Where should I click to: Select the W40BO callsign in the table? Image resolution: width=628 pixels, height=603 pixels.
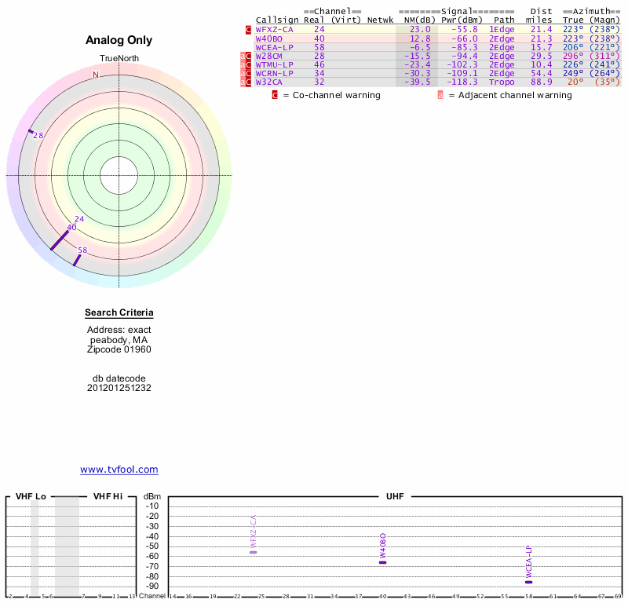pyautogui.click(x=269, y=38)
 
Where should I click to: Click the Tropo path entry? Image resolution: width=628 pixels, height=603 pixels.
pyautogui.click(x=502, y=82)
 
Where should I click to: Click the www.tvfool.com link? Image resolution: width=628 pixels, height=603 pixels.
pyautogui.click(x=119, y=470)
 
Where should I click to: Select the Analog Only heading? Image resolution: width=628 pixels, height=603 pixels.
pyautogui.click(x=119, y=41)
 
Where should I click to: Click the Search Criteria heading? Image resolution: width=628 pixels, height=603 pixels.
pyautogui.click(x=119, y=313)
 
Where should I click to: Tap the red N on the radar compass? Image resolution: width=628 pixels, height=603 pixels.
pyautogui.click(x=96, y=75)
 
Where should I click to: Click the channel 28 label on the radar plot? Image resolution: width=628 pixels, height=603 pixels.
pyautogui.click(x=38, y=136)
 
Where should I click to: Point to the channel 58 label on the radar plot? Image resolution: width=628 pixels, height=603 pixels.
pyautogui.click(x=82, y=250)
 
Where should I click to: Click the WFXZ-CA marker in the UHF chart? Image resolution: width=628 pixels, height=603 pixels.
pyautogui.click(x=254, y=552)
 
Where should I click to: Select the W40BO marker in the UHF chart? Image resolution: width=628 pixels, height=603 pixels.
pyautogui.click(x=383, y=562)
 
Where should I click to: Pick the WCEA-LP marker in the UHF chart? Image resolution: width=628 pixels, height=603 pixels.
pyautogui.click(x=528, y=582)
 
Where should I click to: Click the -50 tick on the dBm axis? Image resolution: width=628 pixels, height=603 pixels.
pyautogui.click(x=152, y=546)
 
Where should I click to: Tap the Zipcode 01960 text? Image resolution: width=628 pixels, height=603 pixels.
pyautogui.click(x=119, y=349)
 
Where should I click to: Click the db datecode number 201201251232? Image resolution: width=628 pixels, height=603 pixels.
pyautogui.click(x=119, y=388)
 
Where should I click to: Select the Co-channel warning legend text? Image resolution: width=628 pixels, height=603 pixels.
pyautogui.click(x=331, y=95)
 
